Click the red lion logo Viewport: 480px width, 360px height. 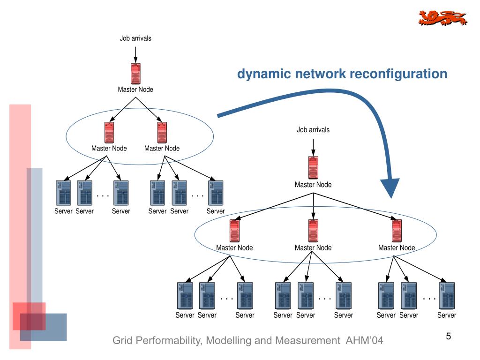[x=442, y=18]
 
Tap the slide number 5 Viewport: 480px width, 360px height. [x=449, y=336]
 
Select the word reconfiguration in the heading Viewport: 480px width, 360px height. [x=398, y=74]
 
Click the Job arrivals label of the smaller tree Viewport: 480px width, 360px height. [x=135, y=38]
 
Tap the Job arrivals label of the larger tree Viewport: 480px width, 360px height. [x=313, y=129]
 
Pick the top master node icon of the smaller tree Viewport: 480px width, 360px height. [x=135, y=74]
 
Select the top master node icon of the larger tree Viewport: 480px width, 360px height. [x=313, y=167]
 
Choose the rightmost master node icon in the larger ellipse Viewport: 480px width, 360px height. [x=397, y=231]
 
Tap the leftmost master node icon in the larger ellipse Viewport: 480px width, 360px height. [x=234, y=231]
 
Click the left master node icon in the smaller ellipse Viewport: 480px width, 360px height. [x=109, y=133]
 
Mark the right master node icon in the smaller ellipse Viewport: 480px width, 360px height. [x=162, y=133]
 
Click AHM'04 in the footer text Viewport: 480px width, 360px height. [x=364, y=340]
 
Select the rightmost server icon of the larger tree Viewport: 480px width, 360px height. [x=447, y=295]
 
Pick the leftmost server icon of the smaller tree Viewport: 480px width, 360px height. [x=63, y=193]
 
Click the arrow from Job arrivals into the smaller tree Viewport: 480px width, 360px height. [x=135, y=55]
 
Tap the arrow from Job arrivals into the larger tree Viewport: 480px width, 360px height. [x=313, y=148]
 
